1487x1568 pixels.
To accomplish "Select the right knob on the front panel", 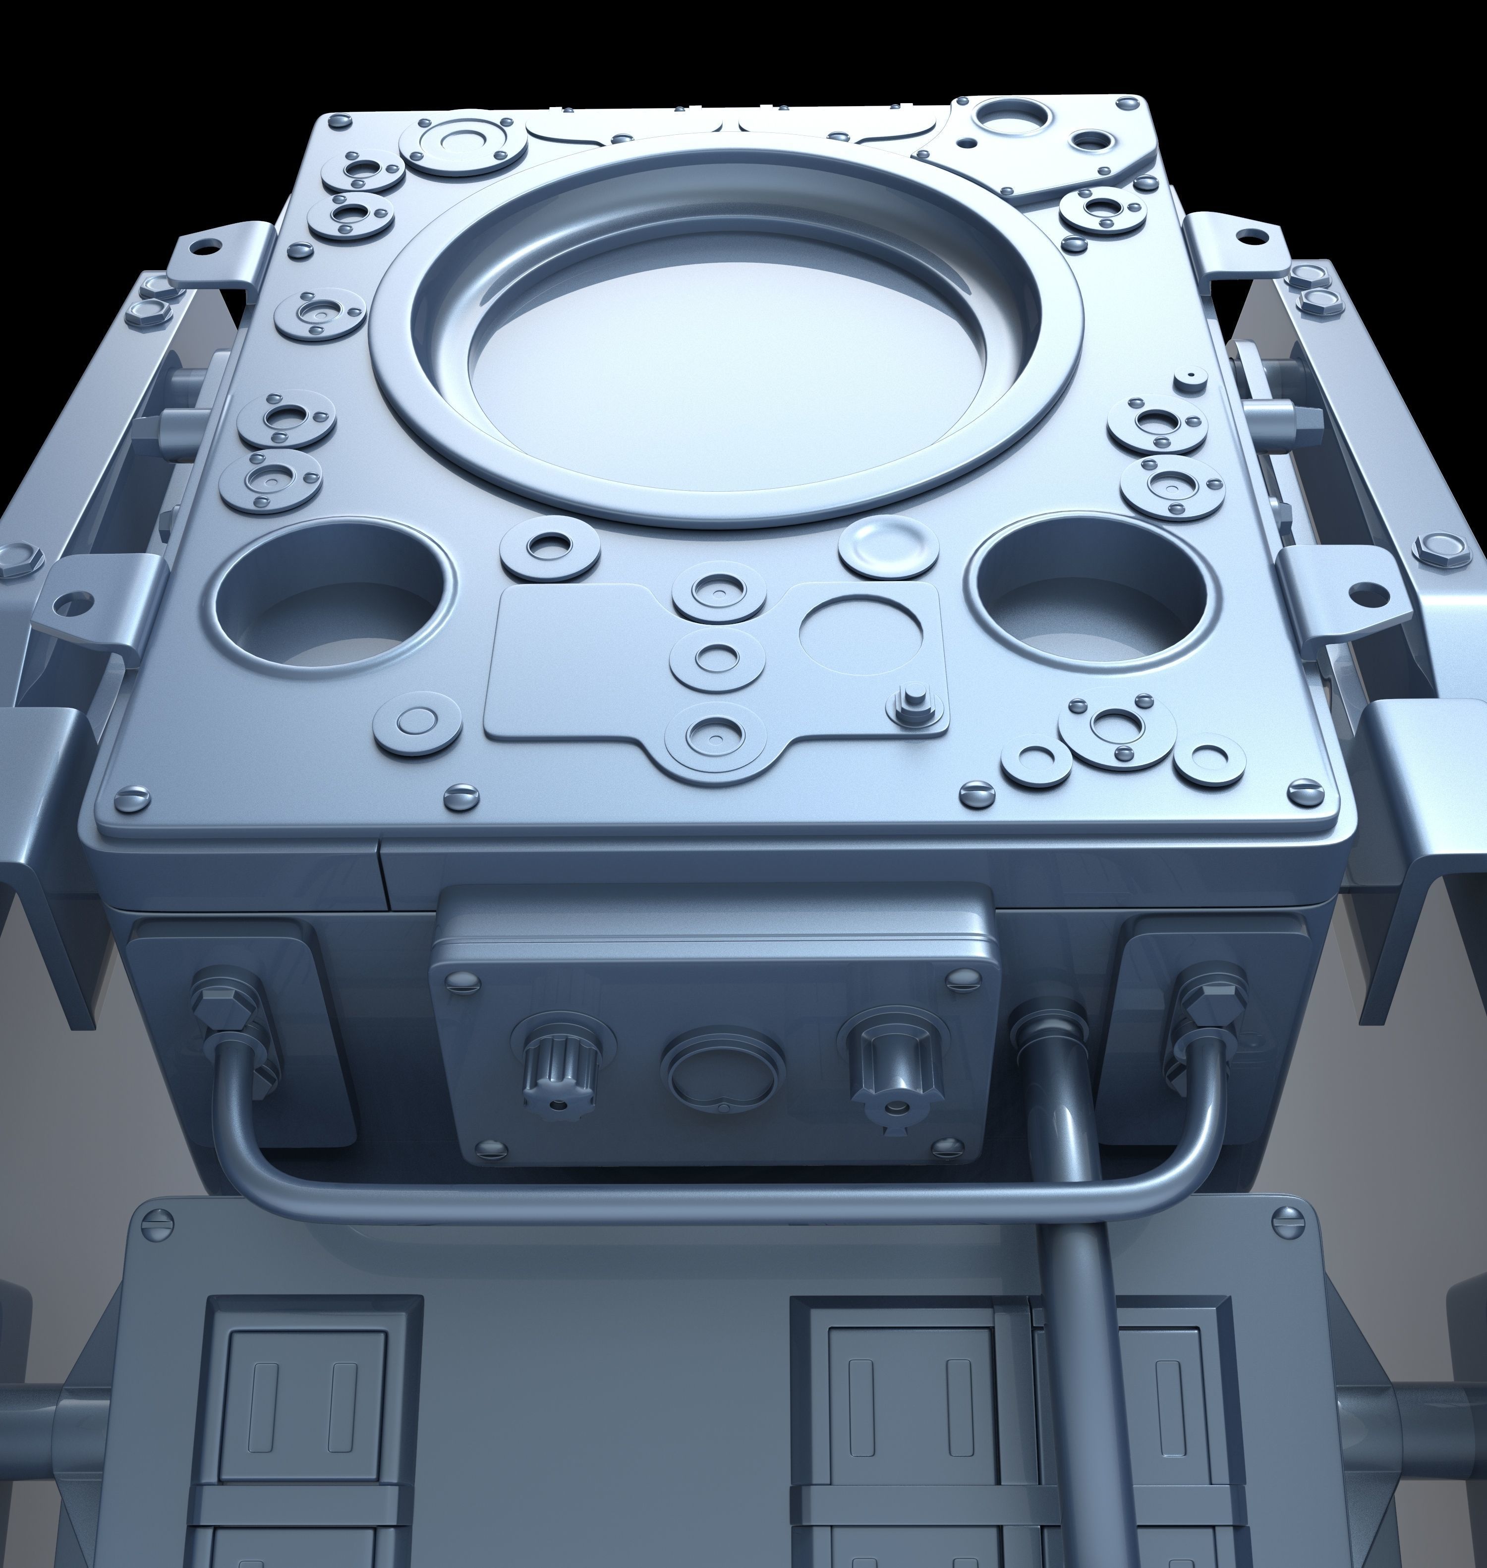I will coord(896,1062).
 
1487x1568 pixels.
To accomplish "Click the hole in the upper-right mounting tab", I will coord(1250,234).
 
